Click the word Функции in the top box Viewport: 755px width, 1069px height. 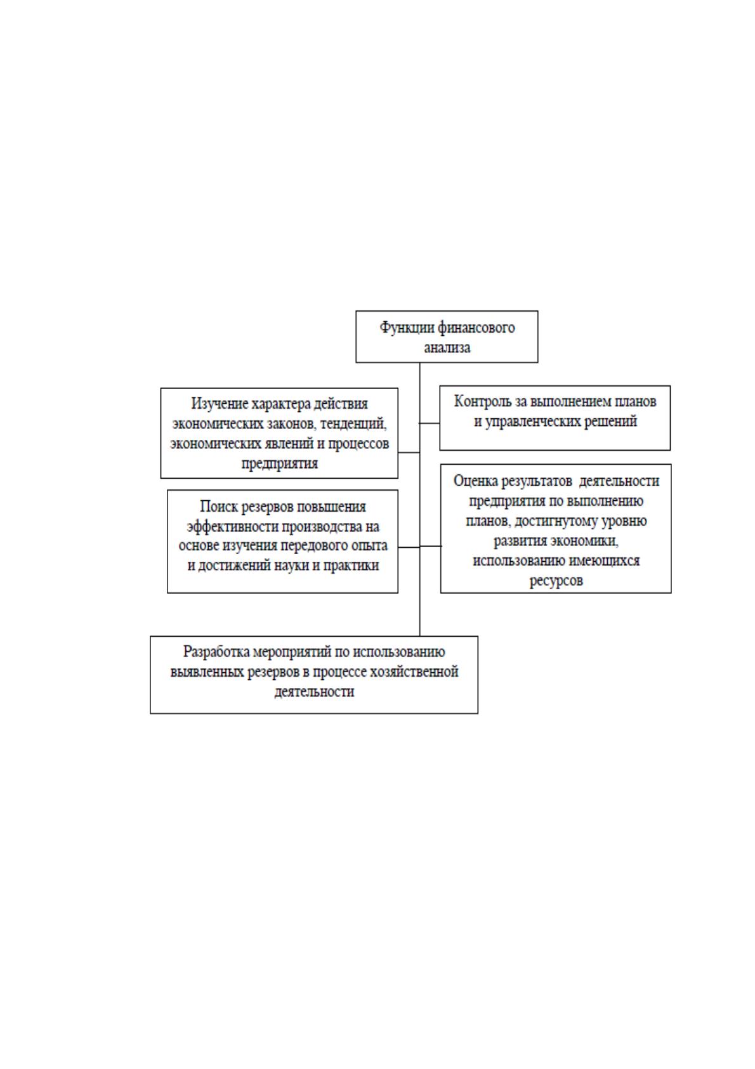406,328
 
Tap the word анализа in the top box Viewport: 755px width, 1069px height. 447,347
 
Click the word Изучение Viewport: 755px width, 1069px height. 219,404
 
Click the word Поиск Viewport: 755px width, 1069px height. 218,506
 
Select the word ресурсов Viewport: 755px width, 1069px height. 556,581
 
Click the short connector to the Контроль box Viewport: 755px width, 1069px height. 430,423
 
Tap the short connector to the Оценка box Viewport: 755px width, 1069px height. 431,545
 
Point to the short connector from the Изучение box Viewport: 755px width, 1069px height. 409,452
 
